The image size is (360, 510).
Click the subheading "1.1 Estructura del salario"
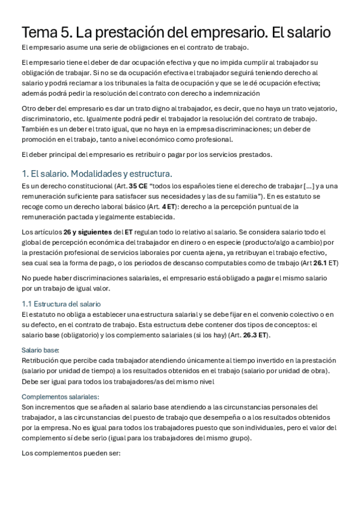click(x=61, y=304)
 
